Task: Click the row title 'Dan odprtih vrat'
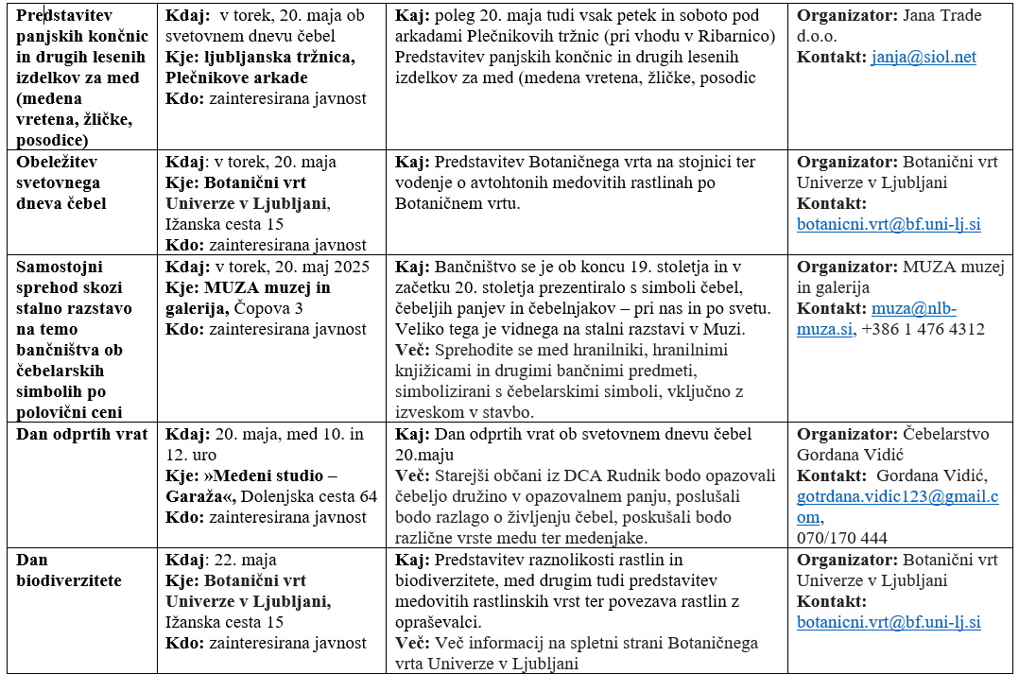tap(82, 435)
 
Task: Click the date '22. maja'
tap(246, 561)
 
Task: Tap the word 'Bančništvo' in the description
tap(476, 268)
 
